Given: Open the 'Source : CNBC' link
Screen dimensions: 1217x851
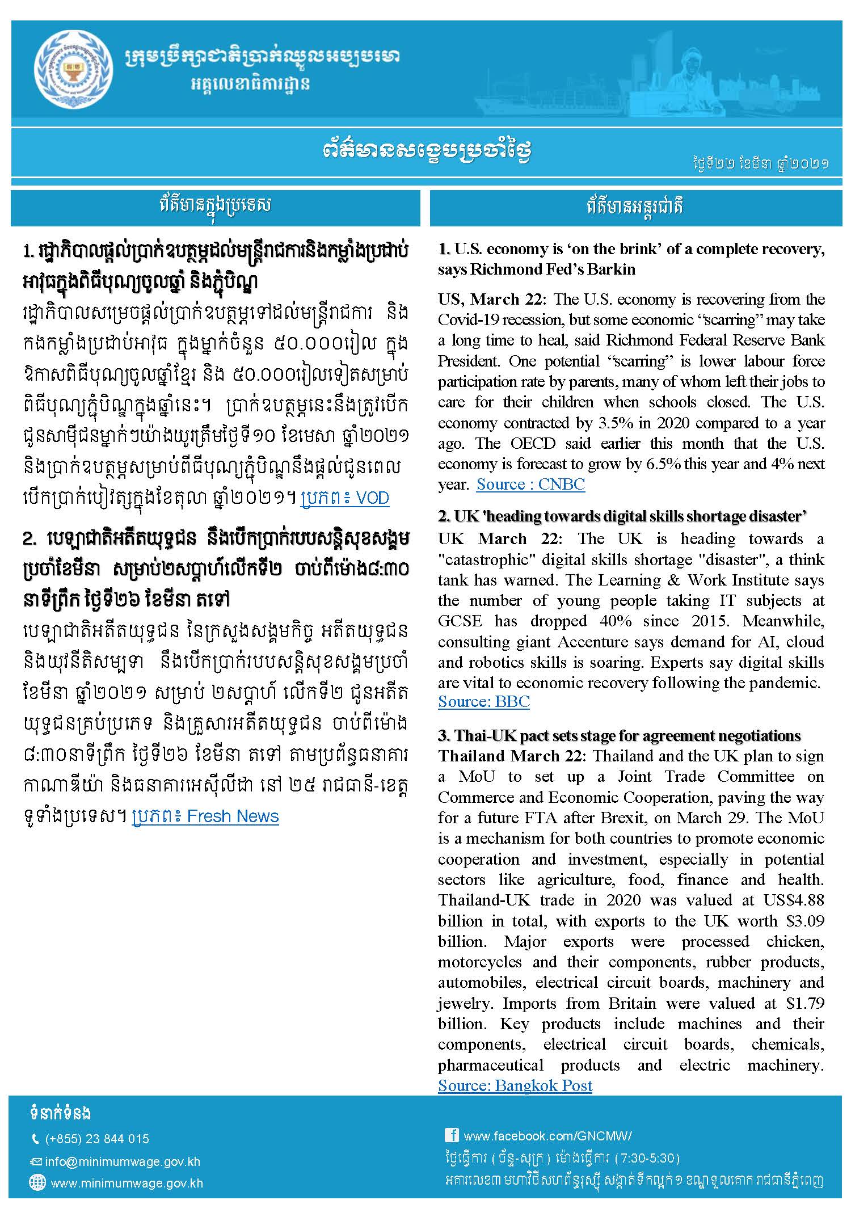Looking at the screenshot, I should point(530,484).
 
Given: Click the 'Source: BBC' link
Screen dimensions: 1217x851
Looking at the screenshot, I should point(483,701).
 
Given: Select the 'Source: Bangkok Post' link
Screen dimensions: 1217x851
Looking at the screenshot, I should point(515,1085).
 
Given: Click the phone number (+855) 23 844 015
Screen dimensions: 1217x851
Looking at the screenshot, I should point(96,1139).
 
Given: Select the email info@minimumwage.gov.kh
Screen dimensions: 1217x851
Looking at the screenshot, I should point(123,1161).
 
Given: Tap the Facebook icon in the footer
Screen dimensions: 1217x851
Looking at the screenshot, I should point(452,1135).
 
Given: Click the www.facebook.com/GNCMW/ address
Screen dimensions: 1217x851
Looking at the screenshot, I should point(547,1136).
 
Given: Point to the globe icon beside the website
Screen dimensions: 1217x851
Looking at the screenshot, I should point(37,1183).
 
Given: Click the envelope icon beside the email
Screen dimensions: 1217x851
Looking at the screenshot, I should point(36,1161).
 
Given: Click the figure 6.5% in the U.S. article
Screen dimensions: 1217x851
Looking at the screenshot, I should point(664,464).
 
